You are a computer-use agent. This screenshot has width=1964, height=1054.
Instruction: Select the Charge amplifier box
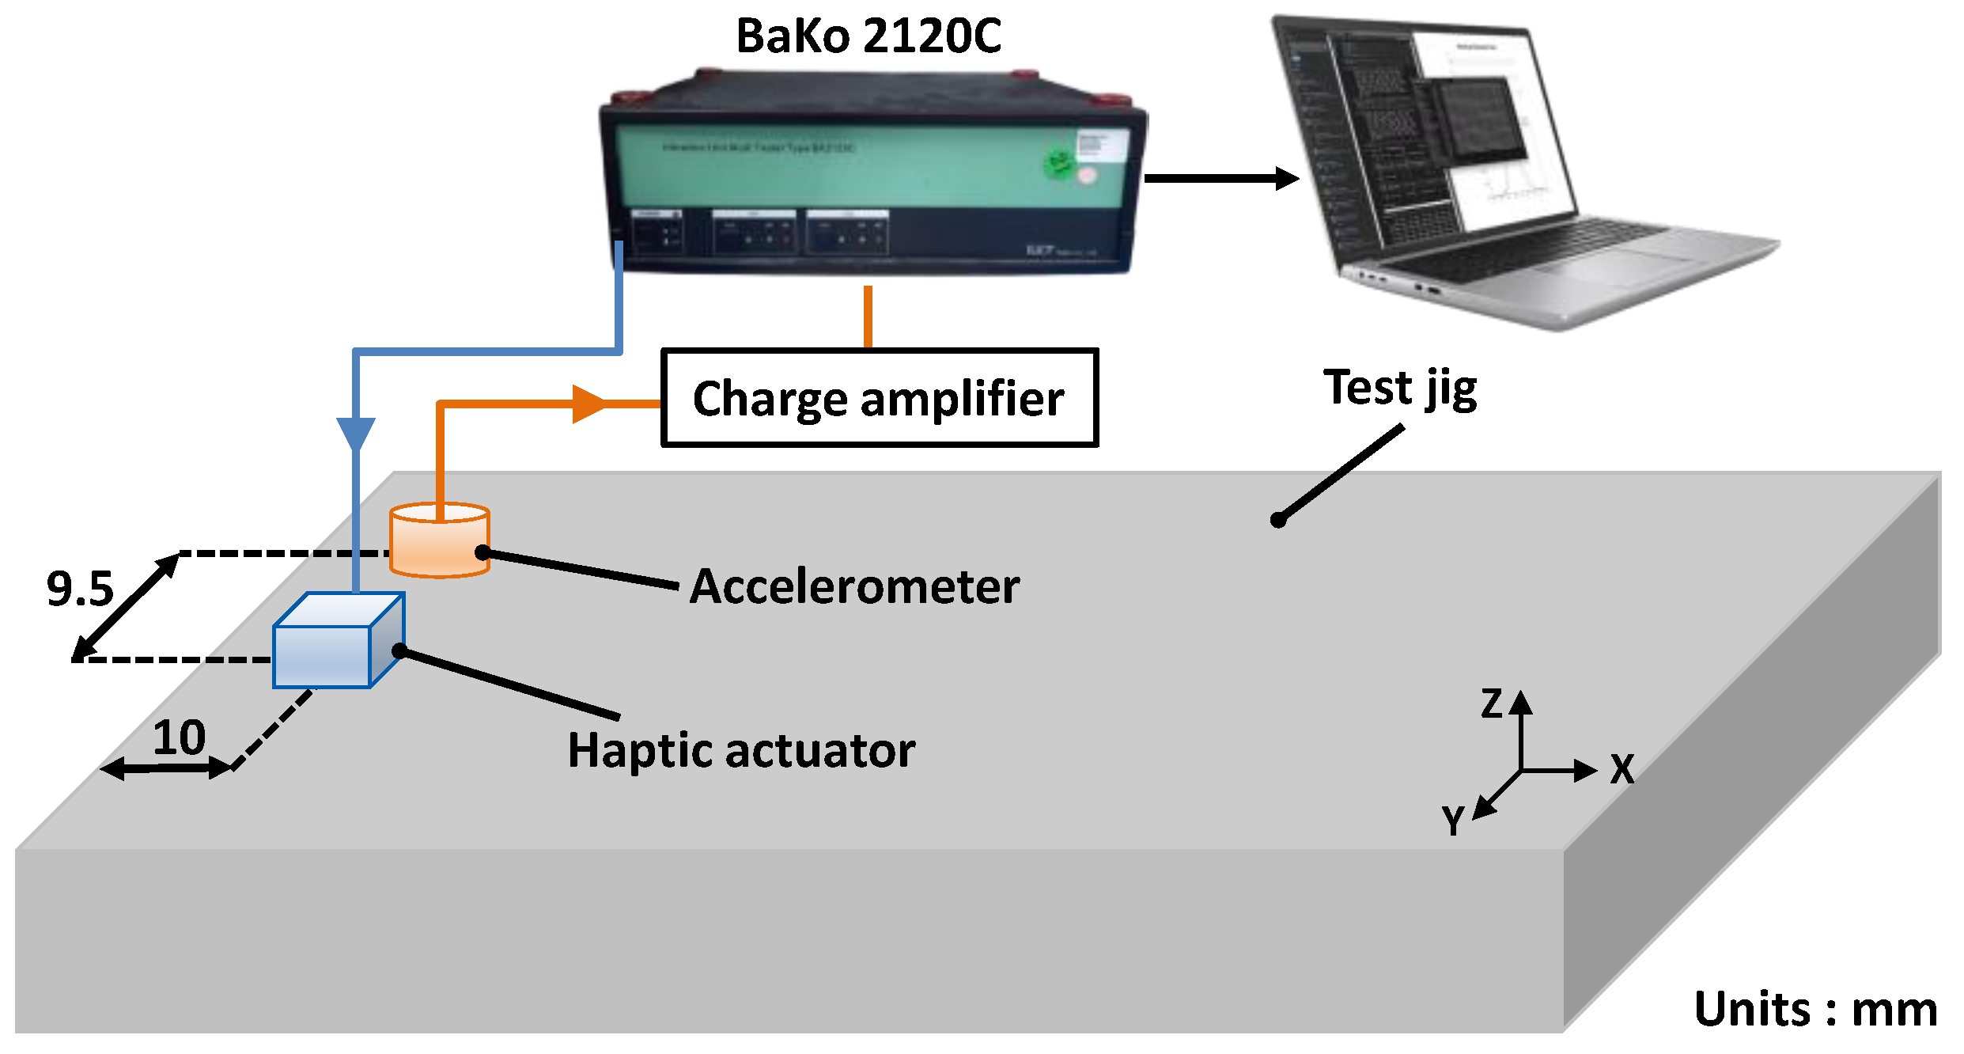click(x=879, y=398)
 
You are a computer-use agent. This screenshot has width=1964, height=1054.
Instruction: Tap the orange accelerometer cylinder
click(x=439, y=542)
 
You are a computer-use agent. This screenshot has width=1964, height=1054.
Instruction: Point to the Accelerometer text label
click(x=854, y=586)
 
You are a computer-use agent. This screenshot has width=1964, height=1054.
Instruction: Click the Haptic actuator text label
click(x=741, y=750)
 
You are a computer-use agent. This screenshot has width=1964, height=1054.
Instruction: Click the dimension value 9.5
click(x=79, y=589)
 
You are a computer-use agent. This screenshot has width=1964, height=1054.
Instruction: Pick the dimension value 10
click(x=179, y=737)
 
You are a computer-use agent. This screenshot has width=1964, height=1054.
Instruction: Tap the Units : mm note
click(x=1815, y=1009)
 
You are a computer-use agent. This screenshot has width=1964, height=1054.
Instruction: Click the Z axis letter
click(x=1492, y=703)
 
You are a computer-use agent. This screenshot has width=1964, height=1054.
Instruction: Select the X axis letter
click(x=1622, y=769)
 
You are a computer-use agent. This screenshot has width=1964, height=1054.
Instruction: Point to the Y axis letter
click(x=1453, y=821)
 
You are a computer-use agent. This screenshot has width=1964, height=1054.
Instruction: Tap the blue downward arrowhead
click(x=356, y=434)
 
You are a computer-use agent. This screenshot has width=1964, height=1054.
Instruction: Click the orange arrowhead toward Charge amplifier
click(x=589, y=404)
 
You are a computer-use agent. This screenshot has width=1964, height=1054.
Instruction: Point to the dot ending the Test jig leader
click(x=1278, y=520)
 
